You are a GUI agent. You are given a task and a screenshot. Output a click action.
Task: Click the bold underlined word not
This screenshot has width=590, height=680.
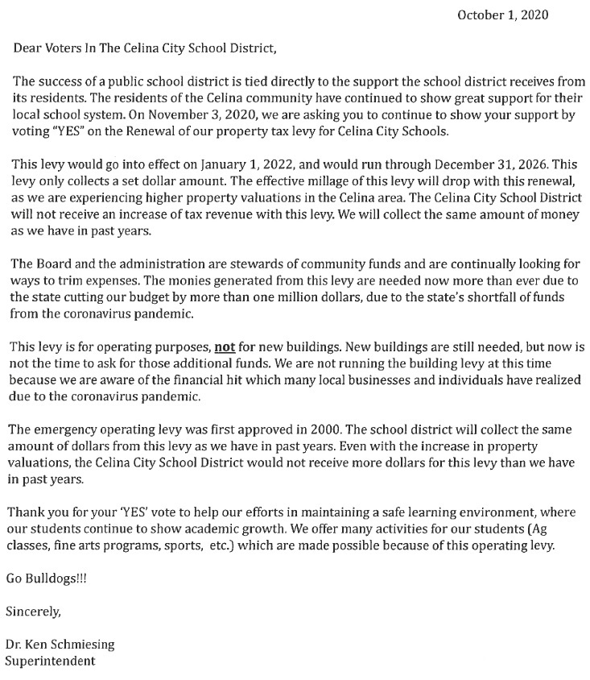pos(223,348)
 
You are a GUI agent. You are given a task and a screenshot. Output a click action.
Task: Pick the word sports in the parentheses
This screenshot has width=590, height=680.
pos(226,546)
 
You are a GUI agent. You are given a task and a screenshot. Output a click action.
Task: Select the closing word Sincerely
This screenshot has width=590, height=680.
pos(33,612)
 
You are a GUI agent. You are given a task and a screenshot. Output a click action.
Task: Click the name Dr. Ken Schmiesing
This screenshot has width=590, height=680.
pos(60,645)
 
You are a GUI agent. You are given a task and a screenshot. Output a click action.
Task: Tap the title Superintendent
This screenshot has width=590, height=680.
pos(50,661)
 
